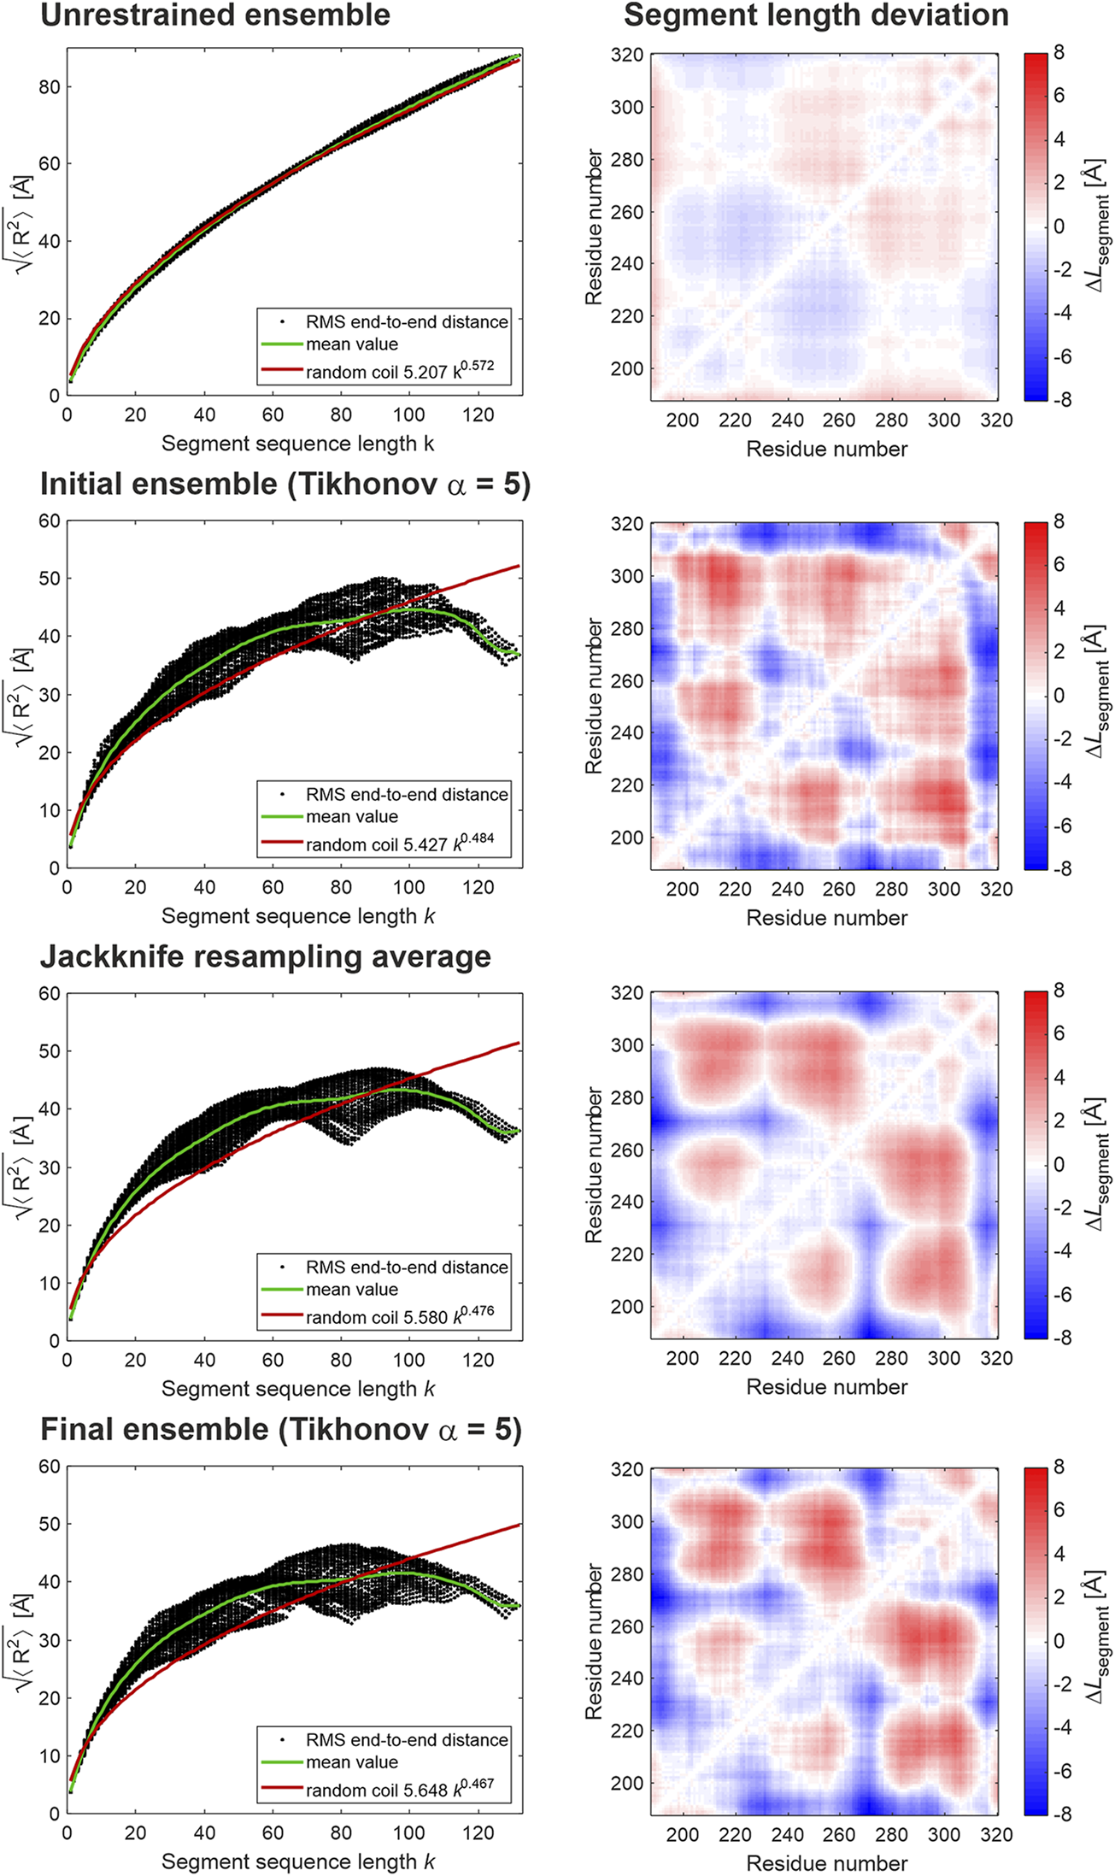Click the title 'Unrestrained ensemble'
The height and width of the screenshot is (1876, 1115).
[x=215, y=15]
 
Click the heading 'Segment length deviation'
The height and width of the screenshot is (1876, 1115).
[x=816, y=15]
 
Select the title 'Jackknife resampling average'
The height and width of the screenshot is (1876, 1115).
[x=266, y=956]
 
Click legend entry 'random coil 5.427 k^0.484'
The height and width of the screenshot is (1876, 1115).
[x=400, y=844]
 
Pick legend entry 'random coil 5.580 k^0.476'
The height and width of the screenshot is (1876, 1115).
[x=400, y=1317]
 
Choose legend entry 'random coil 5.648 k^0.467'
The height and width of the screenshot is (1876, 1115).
[x=400, y=1790]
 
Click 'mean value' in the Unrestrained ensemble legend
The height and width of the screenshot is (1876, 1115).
[x=352, y=344]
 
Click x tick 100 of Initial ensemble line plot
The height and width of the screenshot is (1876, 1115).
[x=409, y=887]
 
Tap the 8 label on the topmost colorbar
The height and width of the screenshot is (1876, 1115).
[x=1059, y=53]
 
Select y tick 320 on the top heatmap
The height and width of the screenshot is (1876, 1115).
[x=627, y=55]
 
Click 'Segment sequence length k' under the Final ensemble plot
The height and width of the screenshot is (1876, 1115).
[x=298, y=1861]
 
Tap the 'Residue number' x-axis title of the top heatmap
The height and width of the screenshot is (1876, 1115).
[x=826, y=449]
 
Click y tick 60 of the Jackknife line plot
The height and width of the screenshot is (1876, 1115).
[x=50, y=993]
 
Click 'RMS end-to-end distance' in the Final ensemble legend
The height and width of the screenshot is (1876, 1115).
[x=407, y=1740]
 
